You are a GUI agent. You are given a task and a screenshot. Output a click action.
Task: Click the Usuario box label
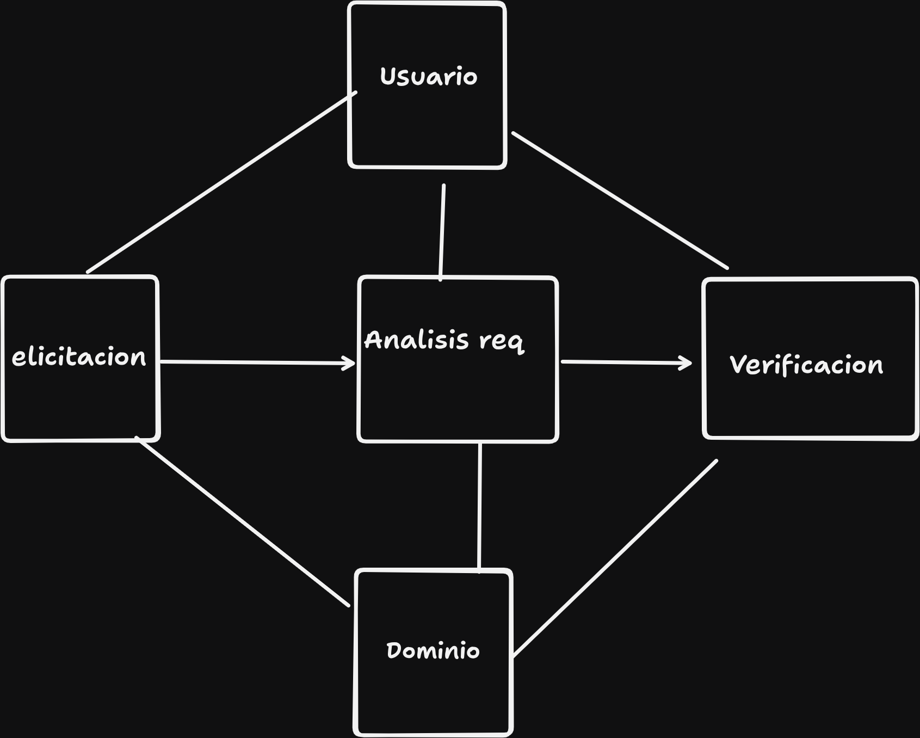[x=429, y=77]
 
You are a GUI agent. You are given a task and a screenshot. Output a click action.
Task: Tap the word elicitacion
[x=79, y=357]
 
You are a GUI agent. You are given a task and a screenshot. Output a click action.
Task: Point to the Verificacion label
[x=806, y=365]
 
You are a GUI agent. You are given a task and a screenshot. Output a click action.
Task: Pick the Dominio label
[x=433, y=650]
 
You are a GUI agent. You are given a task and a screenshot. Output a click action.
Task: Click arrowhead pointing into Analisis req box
[x=349, y=363]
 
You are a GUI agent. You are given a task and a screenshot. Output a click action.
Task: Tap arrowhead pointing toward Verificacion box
[x=686, y=363]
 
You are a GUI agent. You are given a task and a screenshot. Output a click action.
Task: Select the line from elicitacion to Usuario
[x=221, y=182]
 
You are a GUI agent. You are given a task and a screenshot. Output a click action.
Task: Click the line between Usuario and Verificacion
[x=620, y=200]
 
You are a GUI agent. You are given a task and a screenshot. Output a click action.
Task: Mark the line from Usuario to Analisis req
[x=442, y=232]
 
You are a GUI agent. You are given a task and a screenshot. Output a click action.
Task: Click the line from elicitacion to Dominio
[x=242, y=521]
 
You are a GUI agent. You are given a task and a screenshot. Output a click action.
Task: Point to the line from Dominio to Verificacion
[x=615, y=558]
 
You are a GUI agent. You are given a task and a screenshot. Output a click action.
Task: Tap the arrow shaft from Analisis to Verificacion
[x=626, y=362]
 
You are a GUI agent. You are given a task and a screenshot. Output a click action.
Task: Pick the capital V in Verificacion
[x=738, y=365]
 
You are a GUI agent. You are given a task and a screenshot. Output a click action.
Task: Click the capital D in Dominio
[x=393, y=650]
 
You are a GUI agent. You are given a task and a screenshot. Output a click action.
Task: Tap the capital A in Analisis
[x=374, y=340]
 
